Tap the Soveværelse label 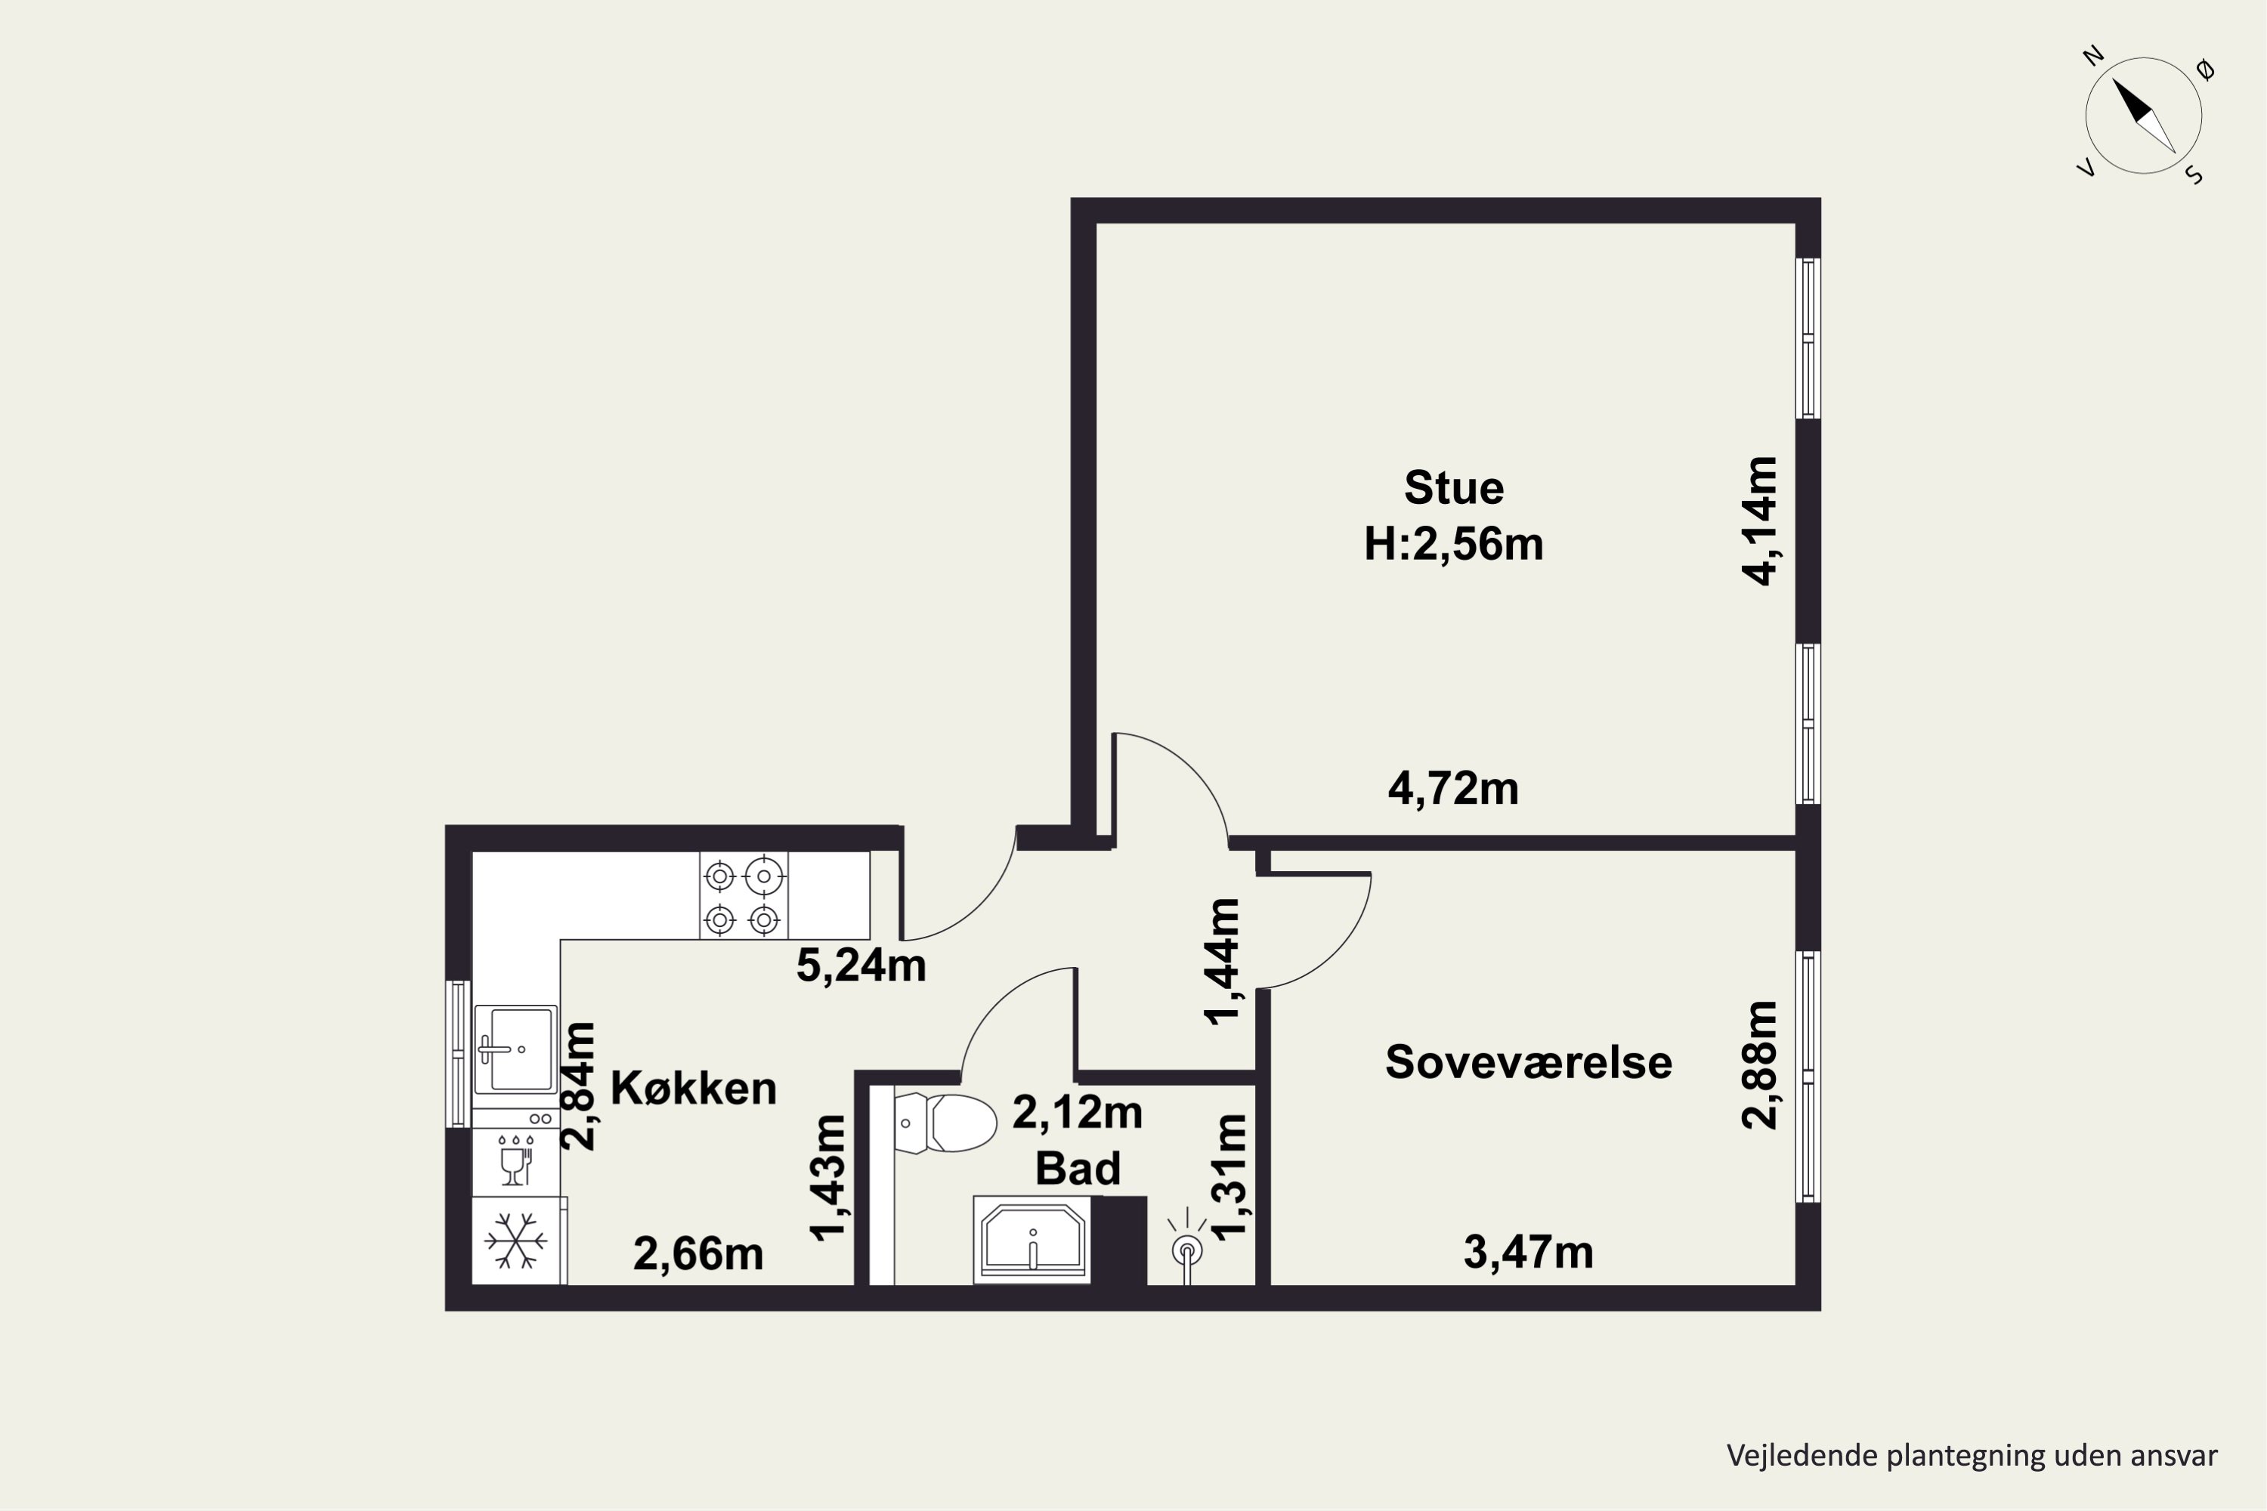[x=1529, y=1062]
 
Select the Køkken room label [x=694, y=1088]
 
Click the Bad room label [x=1078, y=1168]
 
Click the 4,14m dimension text [x=1759, y=521]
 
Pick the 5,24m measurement [x=861, y=966]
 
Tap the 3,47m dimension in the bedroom [x=1529, y=1253]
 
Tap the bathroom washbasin [x=1032, y=1239]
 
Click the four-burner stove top [x=743, y=895]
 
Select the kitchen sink [x=515, y=1049]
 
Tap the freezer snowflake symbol [x=515, y=1241]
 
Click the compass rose [x=2144, y=116]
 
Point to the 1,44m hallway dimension [x=1222, y=962]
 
